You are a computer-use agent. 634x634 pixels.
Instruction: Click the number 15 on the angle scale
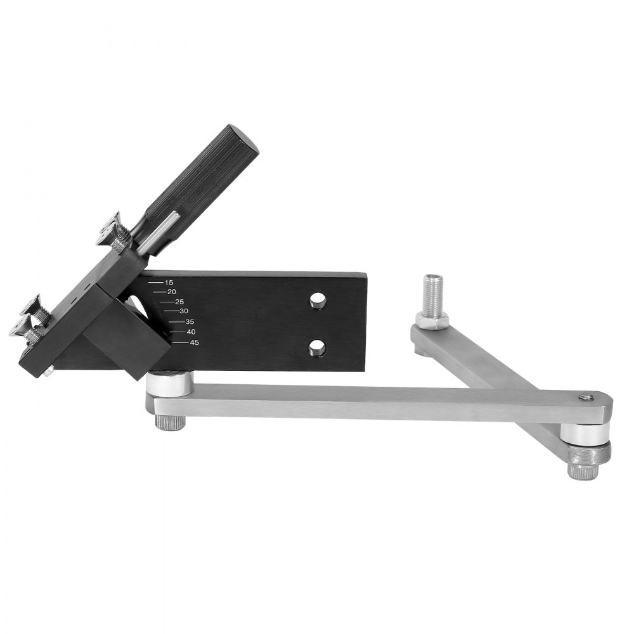click(x=168, y=282)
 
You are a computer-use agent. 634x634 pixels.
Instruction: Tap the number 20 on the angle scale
click(x=171, y=292)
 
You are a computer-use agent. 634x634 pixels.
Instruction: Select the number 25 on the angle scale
click(x=179, y=301)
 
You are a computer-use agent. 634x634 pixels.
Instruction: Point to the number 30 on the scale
click(x=184, y=311)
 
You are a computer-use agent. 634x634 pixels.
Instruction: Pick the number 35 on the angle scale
click(x=190, y=322)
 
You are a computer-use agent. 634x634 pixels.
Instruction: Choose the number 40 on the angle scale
click(x=191, y=332)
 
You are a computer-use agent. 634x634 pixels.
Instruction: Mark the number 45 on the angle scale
click(x=195, y=342)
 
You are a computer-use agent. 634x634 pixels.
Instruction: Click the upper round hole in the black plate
click(x=318, y=301)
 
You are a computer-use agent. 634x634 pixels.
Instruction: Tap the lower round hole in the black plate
click(x=318, y=347)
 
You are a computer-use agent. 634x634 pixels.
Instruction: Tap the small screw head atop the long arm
click(x=587, y=398)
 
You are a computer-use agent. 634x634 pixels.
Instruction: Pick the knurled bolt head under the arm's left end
click(x=169, y=422)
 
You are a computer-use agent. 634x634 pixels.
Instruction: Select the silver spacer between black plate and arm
click(x=169, y=384)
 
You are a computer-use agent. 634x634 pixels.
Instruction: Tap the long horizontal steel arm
click(x=380, y=403)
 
